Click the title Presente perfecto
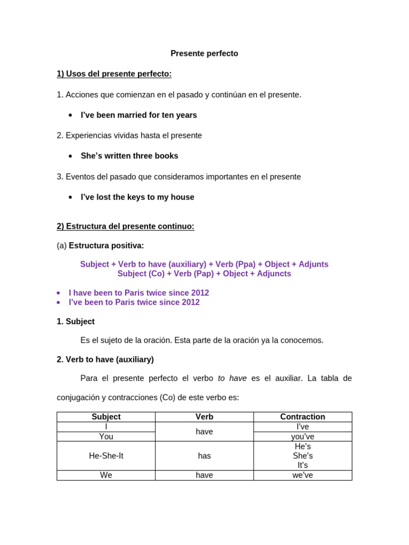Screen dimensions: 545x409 (204, 54)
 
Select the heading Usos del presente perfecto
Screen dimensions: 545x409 (114, 74)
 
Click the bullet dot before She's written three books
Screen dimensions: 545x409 (70, 156)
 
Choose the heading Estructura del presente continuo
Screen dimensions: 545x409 (125, 227)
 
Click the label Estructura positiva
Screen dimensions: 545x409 (106, 246)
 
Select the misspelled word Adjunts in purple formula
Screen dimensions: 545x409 (314, 265)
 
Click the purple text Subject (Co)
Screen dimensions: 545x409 (141, 274)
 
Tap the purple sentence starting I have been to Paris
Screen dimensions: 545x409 (138, 293)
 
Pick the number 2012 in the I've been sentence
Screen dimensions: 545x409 (190, 303)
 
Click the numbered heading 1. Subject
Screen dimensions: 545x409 (76, 322)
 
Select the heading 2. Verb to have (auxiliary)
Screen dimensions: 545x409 (105, 360)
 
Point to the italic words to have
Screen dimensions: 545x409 (232, 378)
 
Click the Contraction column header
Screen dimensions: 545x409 (302, 417)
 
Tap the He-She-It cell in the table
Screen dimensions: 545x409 (106, 456)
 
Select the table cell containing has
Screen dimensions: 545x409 (204, 456)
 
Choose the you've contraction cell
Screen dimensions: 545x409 (302, 437)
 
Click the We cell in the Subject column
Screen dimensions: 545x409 (106, 475)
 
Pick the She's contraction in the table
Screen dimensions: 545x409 (302, 456)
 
